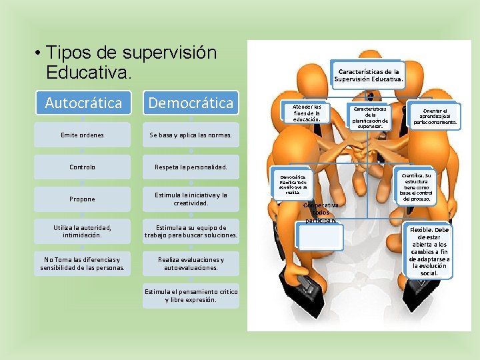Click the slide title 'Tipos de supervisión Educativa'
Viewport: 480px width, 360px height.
coord(131,62)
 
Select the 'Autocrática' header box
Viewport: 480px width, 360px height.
coord(83,103)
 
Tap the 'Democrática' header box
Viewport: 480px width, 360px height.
coord(191,103)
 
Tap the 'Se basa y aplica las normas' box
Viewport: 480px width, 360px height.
coord(191,135)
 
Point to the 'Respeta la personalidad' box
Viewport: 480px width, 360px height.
coord(191,167)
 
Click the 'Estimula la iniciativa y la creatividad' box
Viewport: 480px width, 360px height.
coord(191,199)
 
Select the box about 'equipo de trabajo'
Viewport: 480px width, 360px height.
coord(191,231)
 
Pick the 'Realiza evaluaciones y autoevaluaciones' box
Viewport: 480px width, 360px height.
coord(191,263)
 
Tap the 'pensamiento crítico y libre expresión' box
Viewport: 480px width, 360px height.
coord(191,295)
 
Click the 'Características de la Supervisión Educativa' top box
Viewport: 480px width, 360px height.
coord(369,76)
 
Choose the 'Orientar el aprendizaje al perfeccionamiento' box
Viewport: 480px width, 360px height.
coord(435,117)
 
